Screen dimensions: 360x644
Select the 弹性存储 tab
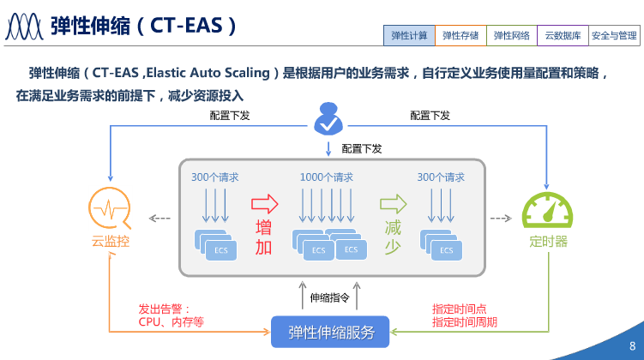[x=460, y=36]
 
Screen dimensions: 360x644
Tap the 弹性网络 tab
[x=512, y=36]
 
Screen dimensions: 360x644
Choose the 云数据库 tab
[x=563, y=36]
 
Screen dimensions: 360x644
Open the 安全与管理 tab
[x=615, y=36]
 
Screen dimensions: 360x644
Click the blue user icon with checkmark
[x=328, y=120]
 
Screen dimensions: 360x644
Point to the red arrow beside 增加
[x=265, y=204]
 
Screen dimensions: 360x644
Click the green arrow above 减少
[x=394, y=204]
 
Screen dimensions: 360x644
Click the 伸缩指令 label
[x=330, y=298]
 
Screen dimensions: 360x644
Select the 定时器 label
[x=548, y=242]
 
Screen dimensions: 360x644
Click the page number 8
[x=632, y=345]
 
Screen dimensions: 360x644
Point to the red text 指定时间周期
[x=464, y=322]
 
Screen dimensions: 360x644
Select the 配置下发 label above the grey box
[x=362, y=148]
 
